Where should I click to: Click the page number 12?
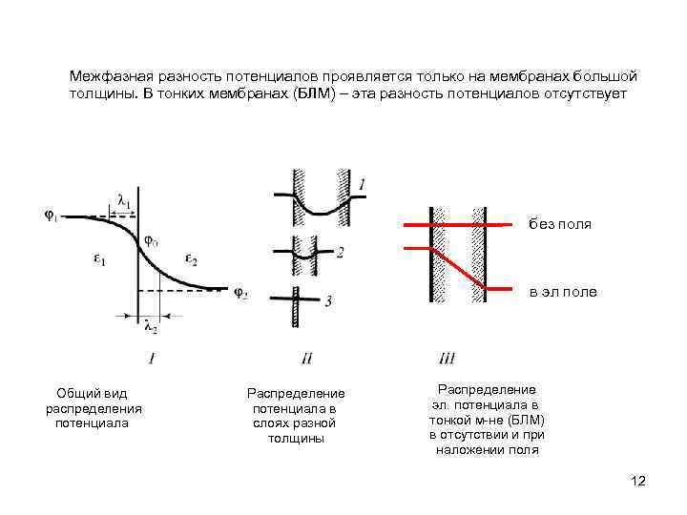[x=638, y=481]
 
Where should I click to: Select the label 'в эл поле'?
[x=563, y=292]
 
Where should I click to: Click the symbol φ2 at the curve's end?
[x=240, y=293]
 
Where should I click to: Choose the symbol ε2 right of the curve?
[x=191, y=260]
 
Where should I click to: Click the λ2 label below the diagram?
[x=150, y=329]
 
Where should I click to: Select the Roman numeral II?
[x=306, y=359]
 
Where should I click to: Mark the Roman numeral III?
[x=447, y=359]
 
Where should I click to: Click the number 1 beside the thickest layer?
[x=362, y=183]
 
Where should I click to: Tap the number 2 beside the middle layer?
[x=341, y=252]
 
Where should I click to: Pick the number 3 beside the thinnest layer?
[x=328, y=301]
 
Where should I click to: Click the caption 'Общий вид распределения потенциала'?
[x=93, y=407]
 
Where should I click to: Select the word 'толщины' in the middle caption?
[x=296, y=438]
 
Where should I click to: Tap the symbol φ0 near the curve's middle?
[x=152, y=239]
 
